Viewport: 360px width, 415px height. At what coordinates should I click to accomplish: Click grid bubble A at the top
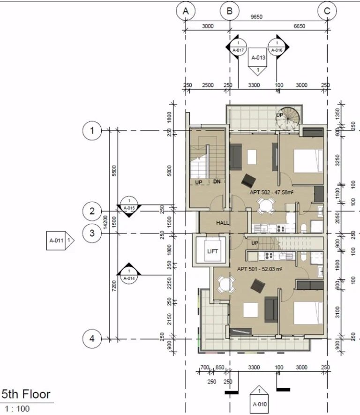[186, 11]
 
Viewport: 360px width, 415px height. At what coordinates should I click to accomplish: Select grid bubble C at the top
[327, 11]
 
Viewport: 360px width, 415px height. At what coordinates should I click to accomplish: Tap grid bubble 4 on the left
[92, 339]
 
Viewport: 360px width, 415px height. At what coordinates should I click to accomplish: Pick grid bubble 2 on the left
[92, 211]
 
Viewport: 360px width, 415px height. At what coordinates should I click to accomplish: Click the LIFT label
[212, 251]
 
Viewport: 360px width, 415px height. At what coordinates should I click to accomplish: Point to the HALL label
[223, 223]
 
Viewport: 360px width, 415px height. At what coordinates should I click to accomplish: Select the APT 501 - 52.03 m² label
[259, 269]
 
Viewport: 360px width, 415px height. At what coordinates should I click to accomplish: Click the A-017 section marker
[238, 46]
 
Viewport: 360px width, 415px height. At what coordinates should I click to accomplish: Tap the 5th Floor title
[26, 394]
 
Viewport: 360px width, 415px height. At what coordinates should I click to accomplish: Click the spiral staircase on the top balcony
[286, 120]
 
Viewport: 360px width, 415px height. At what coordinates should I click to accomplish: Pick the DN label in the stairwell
[217, 181]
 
